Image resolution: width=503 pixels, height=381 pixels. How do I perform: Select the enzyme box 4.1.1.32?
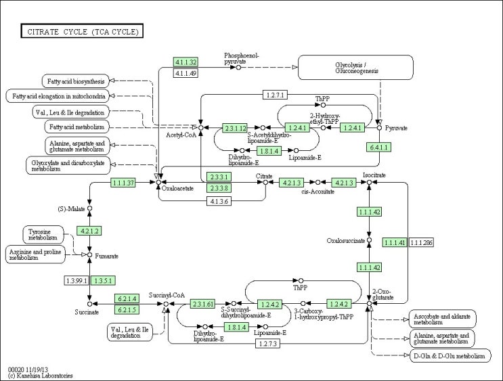click(185, 62)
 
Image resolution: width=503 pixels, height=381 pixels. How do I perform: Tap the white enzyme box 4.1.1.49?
click(185, 73)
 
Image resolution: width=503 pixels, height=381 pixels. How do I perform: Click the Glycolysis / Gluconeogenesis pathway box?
click(356, 68)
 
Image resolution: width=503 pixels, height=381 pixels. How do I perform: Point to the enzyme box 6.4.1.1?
click(378, 147)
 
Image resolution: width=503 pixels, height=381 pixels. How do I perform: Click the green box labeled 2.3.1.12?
click(235, 127)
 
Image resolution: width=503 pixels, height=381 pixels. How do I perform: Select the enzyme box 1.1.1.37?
click(123, 183)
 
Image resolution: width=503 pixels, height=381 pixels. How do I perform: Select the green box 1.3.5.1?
click(103, 279)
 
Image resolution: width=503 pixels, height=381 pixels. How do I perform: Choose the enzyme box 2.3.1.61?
click(202, 303)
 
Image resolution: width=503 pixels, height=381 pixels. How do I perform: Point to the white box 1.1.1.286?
click(421, 242)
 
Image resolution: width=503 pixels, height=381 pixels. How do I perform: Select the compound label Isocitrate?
click(374, 175)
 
